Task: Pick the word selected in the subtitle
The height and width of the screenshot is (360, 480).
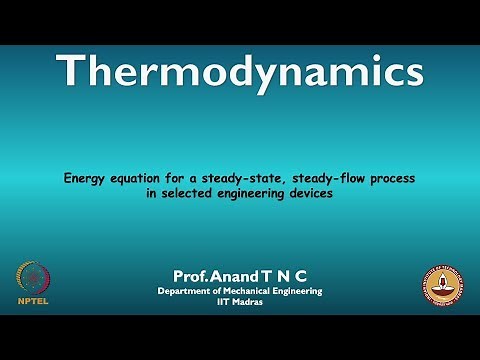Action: tap(182, 194)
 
